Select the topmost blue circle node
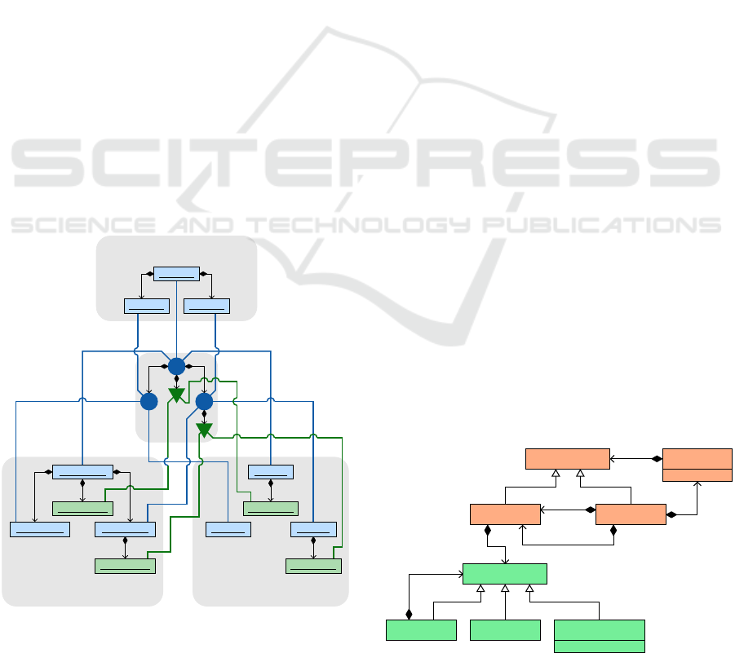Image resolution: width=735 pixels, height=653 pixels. tap(176, 367)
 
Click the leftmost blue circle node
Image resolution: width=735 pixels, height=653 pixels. tap(148, 402)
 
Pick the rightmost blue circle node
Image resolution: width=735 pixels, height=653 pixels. tap(204, 402)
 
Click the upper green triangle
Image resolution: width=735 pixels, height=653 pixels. tap(176, 396)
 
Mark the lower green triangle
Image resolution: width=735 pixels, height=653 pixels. tap(204, 430)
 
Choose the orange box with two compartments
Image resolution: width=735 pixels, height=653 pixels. tap(697, 464)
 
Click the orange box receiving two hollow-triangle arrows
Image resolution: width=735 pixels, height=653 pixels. tap(568, 459)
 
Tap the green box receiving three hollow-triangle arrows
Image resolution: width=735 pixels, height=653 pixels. tap(504, 573)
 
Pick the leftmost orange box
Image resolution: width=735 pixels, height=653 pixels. tap(505, 514)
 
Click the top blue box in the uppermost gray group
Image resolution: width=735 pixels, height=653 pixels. tap(177, 273)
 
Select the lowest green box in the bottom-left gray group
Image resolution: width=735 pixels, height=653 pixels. tap(125, 566)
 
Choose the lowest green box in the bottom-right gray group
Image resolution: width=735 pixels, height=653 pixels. tap(313, 566)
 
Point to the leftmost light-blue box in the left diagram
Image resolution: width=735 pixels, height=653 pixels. tap(39, 529)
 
